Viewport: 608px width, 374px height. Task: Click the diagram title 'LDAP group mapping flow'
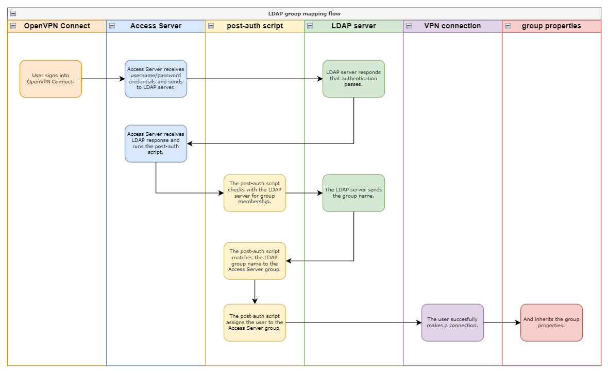(304, 14)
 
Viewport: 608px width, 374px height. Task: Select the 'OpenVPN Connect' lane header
(57, 26)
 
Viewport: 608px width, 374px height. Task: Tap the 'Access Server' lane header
(156, 26)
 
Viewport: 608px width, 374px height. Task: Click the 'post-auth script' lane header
(255, 26)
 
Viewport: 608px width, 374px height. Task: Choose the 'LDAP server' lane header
(353, 26)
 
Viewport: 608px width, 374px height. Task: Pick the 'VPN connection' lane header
(452, 26)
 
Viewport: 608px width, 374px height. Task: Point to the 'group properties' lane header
(551, 26)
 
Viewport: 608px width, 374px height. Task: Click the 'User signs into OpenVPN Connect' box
(50, 79)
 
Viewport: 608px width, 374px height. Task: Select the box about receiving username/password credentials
(156, 79)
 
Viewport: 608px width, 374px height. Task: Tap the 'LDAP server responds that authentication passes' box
(353, 79)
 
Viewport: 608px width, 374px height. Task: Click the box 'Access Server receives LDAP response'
(156, 144)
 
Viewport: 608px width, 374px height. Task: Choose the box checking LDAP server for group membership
(255, 193)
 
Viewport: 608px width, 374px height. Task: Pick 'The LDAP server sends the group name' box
(353, 193)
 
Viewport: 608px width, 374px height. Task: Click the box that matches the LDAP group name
(255, 261)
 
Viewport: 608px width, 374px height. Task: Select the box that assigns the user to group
(255, 323)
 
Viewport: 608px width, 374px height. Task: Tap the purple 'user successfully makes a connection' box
(452, 323)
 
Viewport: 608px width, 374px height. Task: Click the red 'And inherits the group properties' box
(551, 323)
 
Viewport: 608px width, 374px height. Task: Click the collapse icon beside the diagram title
(13, 14)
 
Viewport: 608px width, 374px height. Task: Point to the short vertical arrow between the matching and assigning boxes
(255, 292)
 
